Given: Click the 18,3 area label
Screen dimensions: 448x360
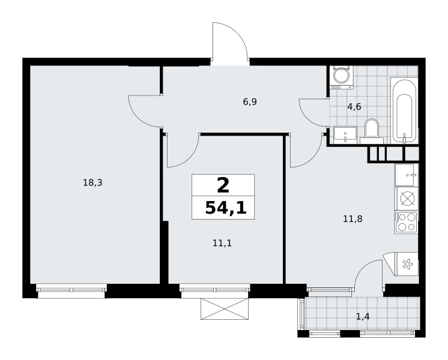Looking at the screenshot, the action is pos(92,182).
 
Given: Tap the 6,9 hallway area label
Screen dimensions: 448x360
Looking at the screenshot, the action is pos(250,101).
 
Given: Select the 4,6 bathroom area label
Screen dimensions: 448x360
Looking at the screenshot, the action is pos(354,107).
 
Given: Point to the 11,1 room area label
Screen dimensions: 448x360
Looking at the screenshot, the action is pos(222,243).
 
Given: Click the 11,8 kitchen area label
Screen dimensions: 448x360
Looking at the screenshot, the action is pos(353,219).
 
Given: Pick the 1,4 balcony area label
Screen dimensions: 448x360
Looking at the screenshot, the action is pos(363,316).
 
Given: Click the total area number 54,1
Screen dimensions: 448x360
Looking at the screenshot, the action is pos(226,208).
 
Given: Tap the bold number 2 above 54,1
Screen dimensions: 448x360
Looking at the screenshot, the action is pos(223,185).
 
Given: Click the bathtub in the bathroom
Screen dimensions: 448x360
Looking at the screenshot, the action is pos(404,110).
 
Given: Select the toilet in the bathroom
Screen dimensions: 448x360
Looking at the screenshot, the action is pos(371,131).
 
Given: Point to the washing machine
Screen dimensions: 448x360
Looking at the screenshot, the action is pos(342,77).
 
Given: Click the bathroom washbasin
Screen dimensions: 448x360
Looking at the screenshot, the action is pos(345,135).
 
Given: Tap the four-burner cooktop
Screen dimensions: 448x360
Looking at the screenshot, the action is pos(407,222).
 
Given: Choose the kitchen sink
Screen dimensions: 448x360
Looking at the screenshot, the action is pos(407,175).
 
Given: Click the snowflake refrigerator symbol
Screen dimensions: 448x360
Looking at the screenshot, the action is pos(407,264).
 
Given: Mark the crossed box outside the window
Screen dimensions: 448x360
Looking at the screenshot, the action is pos(225,308).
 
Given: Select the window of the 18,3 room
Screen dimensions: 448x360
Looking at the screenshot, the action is pos(71,290).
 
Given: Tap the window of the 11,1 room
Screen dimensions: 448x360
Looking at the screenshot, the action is pos(215,290).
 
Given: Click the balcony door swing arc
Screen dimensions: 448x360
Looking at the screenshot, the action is pos(363,268).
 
